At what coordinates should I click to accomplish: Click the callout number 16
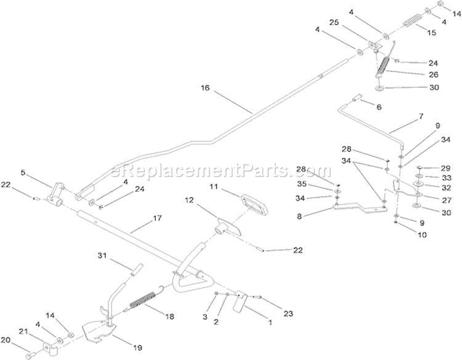(x=205, y=88)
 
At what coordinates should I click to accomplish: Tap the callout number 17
(x=157, y=218)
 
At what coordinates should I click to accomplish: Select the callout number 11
(x=214, y=186)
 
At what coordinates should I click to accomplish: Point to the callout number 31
(x=102, y=256)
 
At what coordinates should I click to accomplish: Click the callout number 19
(x=137, y=348)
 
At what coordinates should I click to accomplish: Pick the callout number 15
(x=431, y=33)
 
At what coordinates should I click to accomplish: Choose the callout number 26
(x=434, y=74)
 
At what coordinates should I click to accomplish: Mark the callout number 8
(x=299, y=217)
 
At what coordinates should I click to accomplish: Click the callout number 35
(x=302, y=184)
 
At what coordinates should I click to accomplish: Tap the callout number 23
(x=288, y=314)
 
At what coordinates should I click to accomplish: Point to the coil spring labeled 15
(x=413, y=20)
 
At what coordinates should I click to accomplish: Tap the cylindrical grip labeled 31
(x=137, y=270)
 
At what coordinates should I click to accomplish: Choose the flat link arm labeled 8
(x=360, y=207)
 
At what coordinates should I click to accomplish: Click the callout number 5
(x=23, y=172)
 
